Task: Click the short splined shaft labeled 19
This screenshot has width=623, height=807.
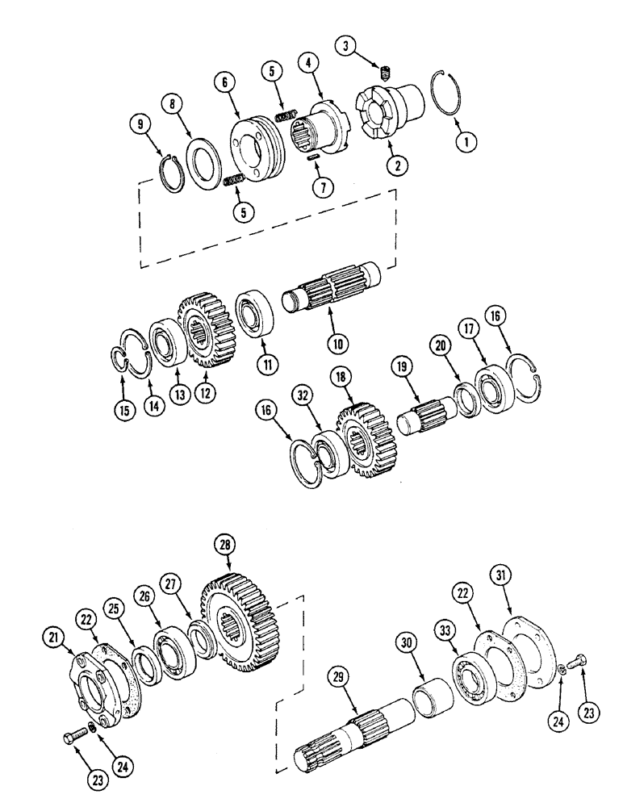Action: (x=428, y=412)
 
